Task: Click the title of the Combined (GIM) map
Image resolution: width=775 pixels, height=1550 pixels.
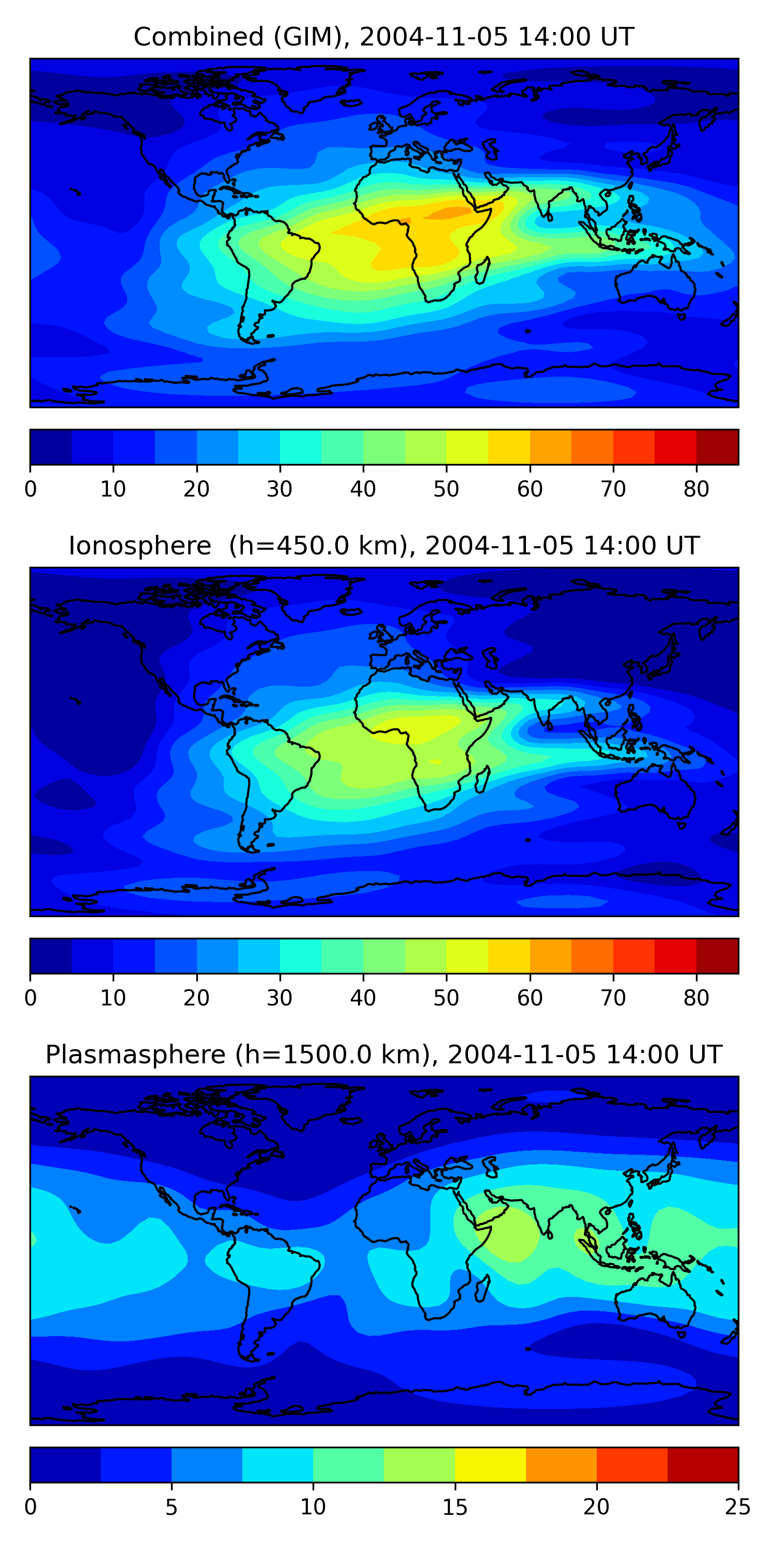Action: coord(384,37)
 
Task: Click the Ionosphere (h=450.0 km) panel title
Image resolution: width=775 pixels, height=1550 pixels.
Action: coord(384,546)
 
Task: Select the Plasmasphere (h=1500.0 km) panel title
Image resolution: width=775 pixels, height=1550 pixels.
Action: coord(384,1055)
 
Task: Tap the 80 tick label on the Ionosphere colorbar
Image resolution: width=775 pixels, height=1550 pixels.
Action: coord(696,998)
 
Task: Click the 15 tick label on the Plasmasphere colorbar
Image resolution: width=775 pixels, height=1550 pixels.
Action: coord(455,1507)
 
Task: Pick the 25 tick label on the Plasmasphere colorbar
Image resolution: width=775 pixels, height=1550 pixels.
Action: coord(738,1507)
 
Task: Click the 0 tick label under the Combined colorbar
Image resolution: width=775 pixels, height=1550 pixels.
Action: coord(30,489)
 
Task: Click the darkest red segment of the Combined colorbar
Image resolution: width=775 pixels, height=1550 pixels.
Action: coord(717,447)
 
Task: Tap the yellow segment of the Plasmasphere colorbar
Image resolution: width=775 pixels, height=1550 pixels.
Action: coord(490,1465)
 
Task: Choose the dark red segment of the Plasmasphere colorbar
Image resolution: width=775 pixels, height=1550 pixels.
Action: coord(703,1465)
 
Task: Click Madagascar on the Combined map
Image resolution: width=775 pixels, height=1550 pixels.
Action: coord(482,270)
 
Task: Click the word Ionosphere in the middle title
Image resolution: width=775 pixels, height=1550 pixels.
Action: coord(139,546)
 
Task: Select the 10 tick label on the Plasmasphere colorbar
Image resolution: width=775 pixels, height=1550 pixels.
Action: coord(313,1507)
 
